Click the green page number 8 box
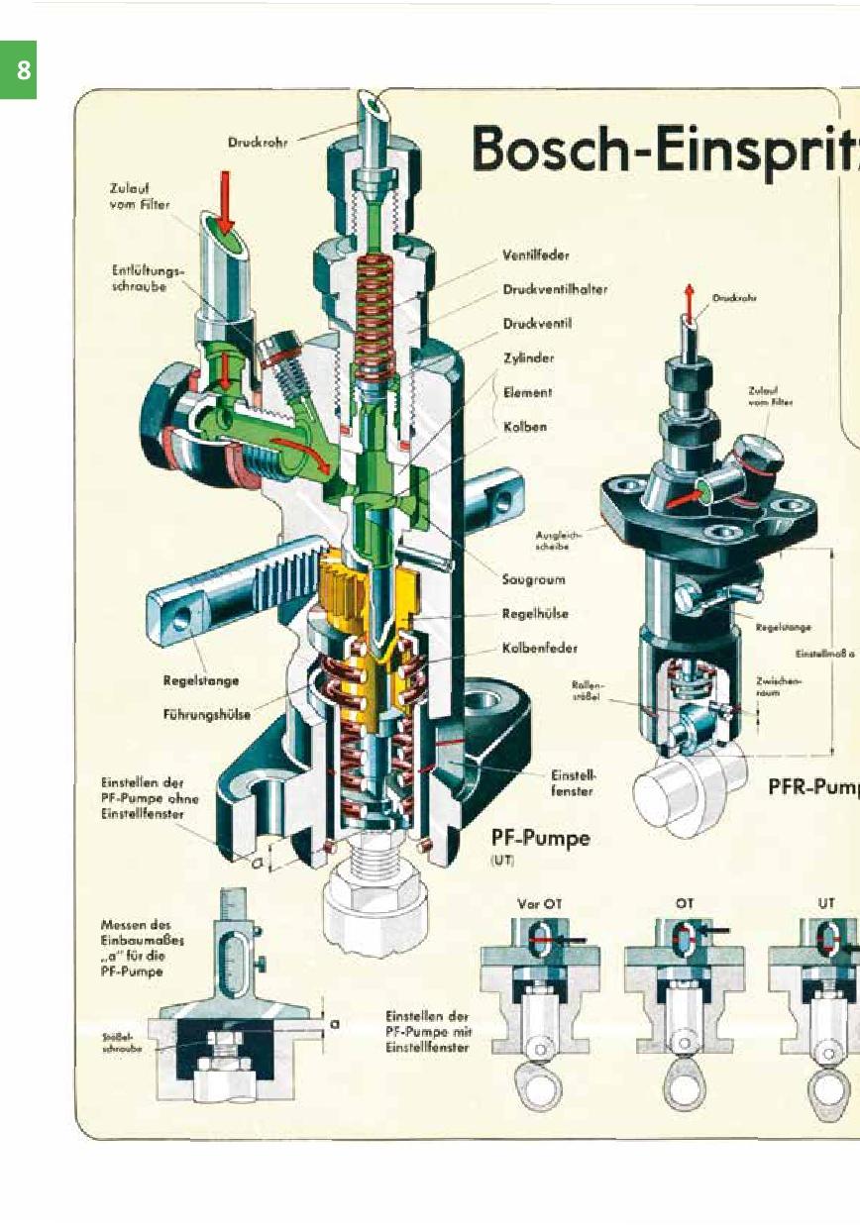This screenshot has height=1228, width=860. [18, 70]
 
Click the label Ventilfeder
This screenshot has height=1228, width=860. [535, 256]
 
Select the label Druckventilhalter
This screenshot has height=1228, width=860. [555, 290]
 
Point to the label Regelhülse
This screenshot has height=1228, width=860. [535, 614]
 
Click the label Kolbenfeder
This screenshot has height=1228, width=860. [539, 649]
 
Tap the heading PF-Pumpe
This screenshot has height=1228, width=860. [540, 839]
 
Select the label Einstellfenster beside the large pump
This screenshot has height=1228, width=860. [573, 783]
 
